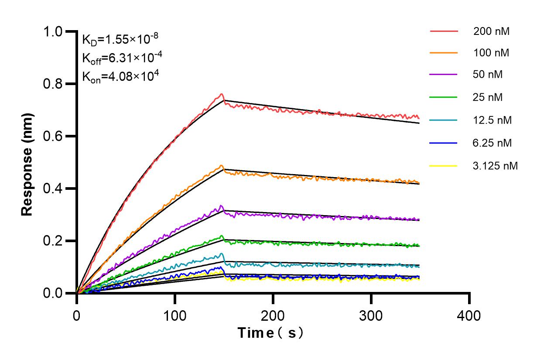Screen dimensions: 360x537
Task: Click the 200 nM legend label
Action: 491,31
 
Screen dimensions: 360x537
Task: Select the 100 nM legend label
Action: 491,53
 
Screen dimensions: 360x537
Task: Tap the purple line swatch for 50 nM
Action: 444,75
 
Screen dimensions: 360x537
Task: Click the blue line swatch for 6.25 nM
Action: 444,143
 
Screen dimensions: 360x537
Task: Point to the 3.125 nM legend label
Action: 496,166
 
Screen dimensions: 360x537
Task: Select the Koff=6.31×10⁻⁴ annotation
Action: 116,58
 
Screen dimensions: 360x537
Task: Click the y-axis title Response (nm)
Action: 27,164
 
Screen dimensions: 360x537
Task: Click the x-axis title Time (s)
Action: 270,333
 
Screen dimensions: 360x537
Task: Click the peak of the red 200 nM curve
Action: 222,94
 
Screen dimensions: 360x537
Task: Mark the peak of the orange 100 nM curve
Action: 222,165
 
